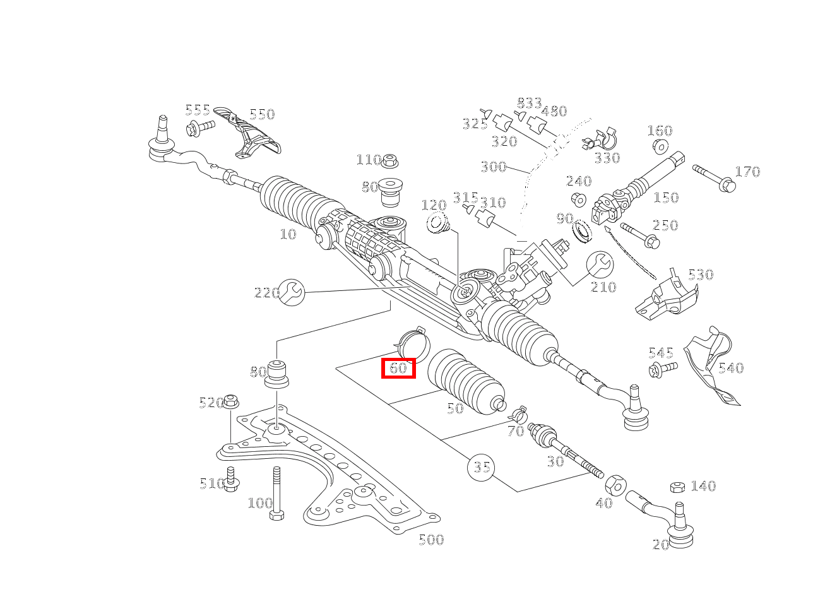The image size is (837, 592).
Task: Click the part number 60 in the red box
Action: [x=398, y=368]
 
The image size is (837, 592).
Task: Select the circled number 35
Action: [x=481, y=468]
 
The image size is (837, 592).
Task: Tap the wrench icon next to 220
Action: [x=292, y=292]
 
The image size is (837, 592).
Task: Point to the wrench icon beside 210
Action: [x=600, y=264]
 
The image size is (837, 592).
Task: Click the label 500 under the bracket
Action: [x=431, y=540]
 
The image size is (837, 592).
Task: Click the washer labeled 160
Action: [x=660, y=146]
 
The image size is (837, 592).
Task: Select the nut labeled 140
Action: [x=677, y=487]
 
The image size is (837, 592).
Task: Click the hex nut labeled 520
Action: [x=232, y=401]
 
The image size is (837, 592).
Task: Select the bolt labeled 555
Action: [x=199, y=127]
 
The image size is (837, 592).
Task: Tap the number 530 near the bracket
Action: [x=700, y=275]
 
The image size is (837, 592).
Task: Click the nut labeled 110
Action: [x=390, y=160]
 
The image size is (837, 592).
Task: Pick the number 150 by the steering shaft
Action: [x=665, y=198]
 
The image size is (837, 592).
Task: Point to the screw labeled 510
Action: [x=231, y=480]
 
